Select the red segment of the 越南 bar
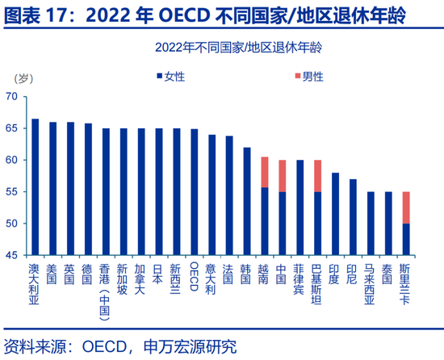265,172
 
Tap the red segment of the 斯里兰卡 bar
406,207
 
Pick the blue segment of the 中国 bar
283,223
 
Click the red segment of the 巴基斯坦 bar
317,175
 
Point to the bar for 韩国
247,201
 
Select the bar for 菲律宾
299,207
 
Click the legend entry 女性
174,76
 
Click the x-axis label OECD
194,274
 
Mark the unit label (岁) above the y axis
24,78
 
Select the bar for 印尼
353,217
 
